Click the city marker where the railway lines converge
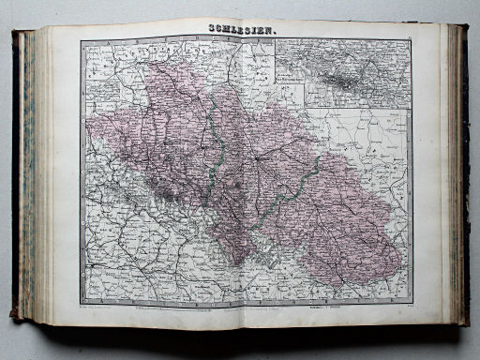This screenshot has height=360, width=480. [x=254, y=158]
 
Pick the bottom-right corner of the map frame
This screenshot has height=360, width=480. [x=412, y=303]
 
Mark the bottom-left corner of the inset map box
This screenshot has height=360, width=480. [x=275, y=106]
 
